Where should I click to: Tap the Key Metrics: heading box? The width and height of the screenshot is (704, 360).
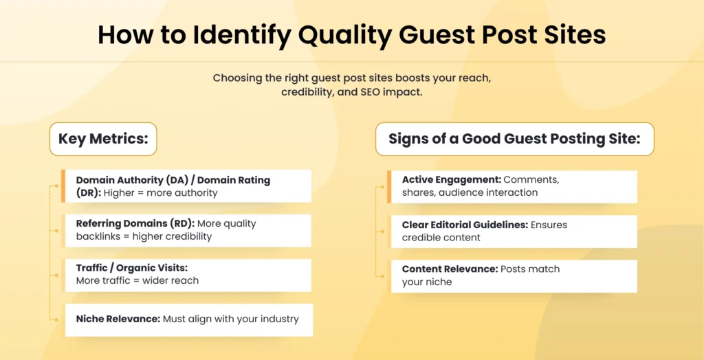click(x=103, y=139)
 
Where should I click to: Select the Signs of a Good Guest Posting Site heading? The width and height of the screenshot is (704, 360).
click(x=514, y=139)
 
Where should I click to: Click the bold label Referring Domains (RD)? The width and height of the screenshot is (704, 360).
click(x=135, y=223)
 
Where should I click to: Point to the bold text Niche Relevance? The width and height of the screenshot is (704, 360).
click(x=118, y=319)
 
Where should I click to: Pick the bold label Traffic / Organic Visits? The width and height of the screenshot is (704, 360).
click(x=131, y=267)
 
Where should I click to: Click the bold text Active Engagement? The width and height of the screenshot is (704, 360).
click(x=452, y=179)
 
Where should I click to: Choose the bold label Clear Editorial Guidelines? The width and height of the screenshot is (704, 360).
click(x=465, y=225)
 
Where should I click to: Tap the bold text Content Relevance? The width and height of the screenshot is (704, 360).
click(x=450, y=269)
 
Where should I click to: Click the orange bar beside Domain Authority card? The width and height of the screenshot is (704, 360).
click(x=63, y=185)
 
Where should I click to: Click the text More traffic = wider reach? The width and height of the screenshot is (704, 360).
click(x=137, y=280)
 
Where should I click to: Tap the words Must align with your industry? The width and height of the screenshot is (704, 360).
click(x=231, y=319)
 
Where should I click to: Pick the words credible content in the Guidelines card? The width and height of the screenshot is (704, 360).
click(x=441, y=238)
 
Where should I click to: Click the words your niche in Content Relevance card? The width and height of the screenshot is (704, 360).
click(x=427, y=282)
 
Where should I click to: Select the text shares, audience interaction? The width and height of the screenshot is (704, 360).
click(x=470, y=192)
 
